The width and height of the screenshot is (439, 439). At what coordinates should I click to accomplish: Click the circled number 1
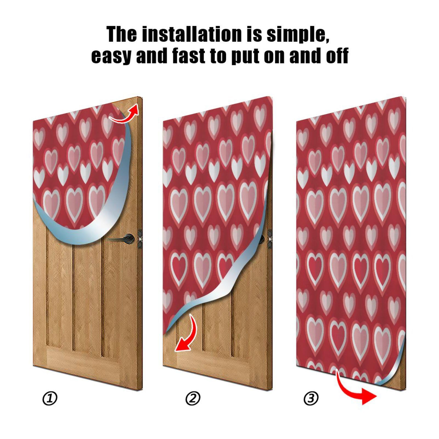tap(50, 398)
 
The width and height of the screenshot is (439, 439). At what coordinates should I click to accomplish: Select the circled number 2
tap(193, 398)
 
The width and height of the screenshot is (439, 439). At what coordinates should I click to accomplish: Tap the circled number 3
tap(311, 398)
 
